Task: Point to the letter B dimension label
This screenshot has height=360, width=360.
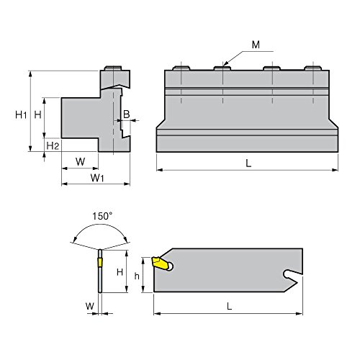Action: pos(127,114)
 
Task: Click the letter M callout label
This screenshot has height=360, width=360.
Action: pos(257,46)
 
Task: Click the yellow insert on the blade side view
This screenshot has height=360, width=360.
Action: pos(160,264)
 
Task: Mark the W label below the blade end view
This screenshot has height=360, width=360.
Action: pos(89,306)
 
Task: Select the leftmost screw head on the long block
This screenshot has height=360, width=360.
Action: pos(181,68)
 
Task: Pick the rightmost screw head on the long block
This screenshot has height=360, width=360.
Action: pos(311,68)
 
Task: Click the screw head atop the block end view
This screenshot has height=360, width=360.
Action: pos(113,69)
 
